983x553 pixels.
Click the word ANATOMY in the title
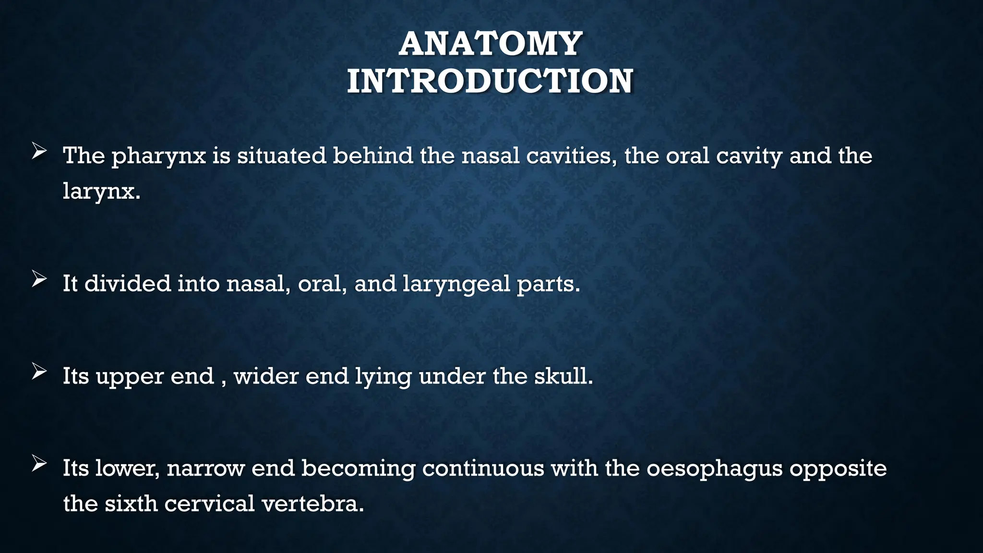coord(490,44)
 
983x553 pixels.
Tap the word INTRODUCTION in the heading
coord(490,81)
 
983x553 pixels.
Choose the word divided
coord(128,283)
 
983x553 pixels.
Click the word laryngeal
coord(456,284)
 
